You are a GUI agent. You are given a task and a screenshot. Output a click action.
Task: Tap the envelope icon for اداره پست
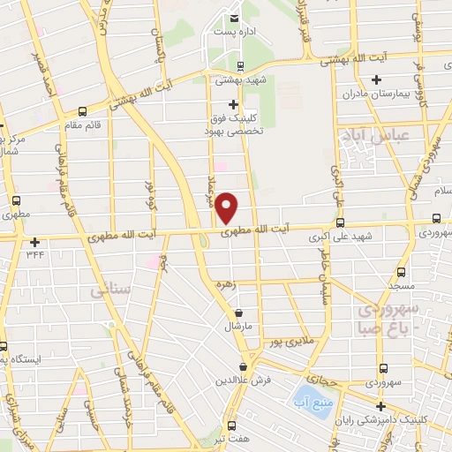pos(234,18)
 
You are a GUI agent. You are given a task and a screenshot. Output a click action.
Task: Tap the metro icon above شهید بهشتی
pos(241,66)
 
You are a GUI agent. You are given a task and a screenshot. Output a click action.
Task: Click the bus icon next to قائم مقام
pos(82,111)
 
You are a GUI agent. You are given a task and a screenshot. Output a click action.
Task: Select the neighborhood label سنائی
pos(110,289)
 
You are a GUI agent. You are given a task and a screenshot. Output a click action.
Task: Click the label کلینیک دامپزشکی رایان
pos(398,420)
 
